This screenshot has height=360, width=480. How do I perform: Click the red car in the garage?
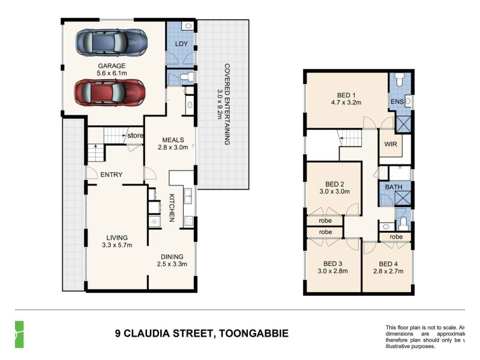click(x=109, y=92)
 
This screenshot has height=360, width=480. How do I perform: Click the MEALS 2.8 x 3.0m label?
click(x=173, y=143)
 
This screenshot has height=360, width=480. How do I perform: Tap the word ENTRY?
click(x=111, y=175)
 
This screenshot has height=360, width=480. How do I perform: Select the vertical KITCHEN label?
click(x=172, y=208)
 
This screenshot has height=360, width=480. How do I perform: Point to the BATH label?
click(x=394, y=187)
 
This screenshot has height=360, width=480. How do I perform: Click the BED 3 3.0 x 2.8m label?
click(x=332, y=267)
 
